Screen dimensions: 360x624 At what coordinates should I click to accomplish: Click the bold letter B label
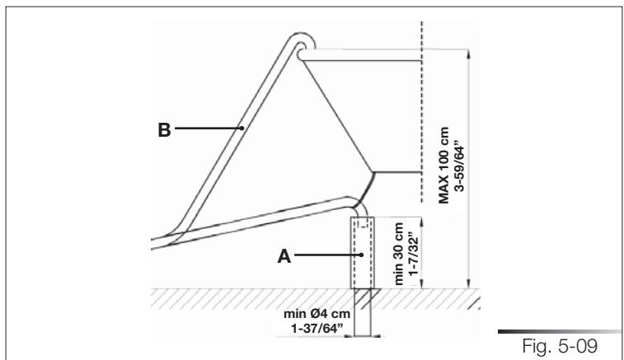[x=164, y=129]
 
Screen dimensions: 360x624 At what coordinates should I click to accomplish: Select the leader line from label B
[x=206, y=129]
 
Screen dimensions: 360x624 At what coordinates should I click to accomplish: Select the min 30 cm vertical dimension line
[x=422, y=251]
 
